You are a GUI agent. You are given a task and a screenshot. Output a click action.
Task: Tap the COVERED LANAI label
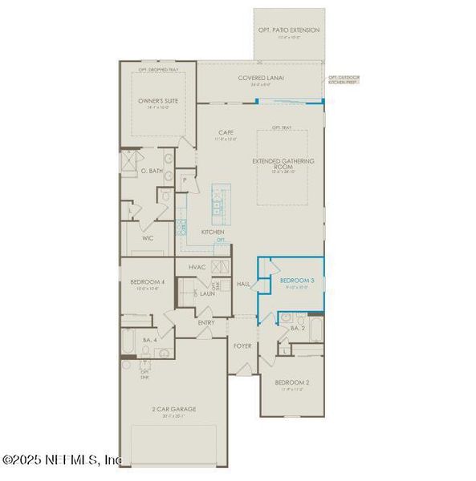coord(257,78)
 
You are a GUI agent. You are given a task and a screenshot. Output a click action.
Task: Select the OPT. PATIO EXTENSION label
coord(289,30)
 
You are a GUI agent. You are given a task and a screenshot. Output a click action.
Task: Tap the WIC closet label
coord(147,237)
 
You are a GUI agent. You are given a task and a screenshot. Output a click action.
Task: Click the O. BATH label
coord(151,170)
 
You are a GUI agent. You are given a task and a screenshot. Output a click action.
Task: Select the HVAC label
coord(197,266)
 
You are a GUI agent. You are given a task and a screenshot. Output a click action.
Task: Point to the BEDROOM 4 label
coord(147,281)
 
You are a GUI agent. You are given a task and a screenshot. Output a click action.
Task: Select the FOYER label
coord(242,346)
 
